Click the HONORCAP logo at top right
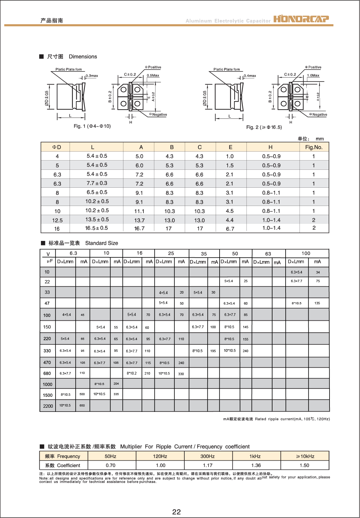pyautogui.click(x=301, y=19)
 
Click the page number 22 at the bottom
pyautogui.click(x=177, y=512)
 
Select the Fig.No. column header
pyautogui.click(x=314, y=147)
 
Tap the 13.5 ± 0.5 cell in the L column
pyautogui.click(x=97, y=219)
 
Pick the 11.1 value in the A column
pyautogui.click(x=139, y=211)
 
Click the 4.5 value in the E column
pyautogui.click(x=229, y=211)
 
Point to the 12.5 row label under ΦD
pyautogui.click(x=57, y=220)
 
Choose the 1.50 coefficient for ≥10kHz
pyautogui.click(x=304, y=465)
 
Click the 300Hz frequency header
pyautogui.click(x=208, y=456)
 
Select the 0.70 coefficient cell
pyautogui.click(x=111, y=465)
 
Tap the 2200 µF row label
pyautogui.click(x=48, y=406)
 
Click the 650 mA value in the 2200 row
pyautogui.click(x=82, y=406)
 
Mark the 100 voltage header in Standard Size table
pyautogui.click(x=306, y=253)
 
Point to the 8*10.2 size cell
pyautogui.click(x=132, y=373)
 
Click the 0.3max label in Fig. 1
pyautogui.click(x=92, y=76)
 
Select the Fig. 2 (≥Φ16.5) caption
pyautogui.click(x=264, y=127)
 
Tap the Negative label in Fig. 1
pyautogui.click(x=160, y=114)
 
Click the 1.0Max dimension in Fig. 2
pyautogui.click(x=313, y=75)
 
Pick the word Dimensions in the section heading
pyautogui.click(x=83, y=56)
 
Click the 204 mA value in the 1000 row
pyautogui.click(x=116, y=383)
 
